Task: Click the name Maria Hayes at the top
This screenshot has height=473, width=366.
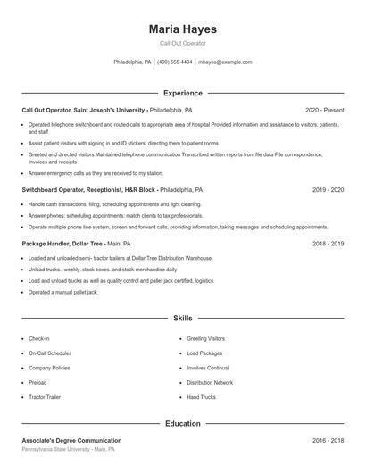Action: click(x=182, y=29)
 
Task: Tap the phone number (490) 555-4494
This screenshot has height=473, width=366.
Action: click(x=175, y=62)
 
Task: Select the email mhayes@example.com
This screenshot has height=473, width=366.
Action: click(x=225, y=62)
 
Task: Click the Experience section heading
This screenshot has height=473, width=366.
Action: click(x=182, y=93)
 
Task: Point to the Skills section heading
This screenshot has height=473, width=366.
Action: click(x=182, y=318)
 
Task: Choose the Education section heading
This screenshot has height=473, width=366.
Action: click(x=182, y=423)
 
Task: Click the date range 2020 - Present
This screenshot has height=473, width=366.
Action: click(x=324, y=110)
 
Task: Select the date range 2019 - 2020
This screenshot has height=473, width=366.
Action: click(x=328, y=190)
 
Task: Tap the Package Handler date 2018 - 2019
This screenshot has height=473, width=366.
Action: click(x=328, y=243)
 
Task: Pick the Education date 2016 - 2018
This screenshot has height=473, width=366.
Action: click(x=328, y=440)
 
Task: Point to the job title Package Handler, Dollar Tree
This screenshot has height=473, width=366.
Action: click(x=63, y=243)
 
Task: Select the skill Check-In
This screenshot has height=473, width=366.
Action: click(x=38, y=338)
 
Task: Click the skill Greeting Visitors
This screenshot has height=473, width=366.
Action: click(x=205, y=338)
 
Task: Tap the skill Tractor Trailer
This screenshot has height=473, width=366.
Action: click(x=44, y=396)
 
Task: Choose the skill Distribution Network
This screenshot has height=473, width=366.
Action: click(x=210, y=382)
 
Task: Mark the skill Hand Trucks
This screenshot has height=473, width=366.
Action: click(x=201, y=396)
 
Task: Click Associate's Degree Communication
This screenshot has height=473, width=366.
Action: click(x=71, y=440)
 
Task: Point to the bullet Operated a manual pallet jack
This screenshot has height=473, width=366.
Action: click(x=64, y=292)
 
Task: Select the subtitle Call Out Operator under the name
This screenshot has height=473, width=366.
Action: click(x=182, y=43)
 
